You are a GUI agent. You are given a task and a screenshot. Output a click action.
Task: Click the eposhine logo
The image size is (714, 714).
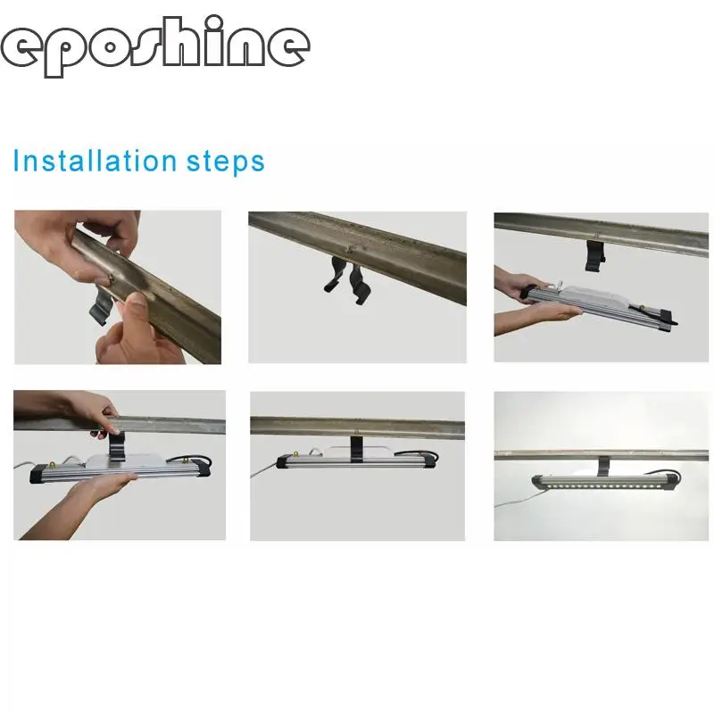[154, 47]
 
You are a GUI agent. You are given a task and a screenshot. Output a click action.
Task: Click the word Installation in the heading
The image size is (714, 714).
[95, 161]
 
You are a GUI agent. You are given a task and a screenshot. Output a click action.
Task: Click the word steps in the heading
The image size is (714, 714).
[226, 162]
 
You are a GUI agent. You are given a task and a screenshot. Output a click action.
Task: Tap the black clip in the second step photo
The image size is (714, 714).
[345, 280]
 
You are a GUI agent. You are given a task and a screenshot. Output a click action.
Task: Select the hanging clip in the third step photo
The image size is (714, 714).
[595, 256]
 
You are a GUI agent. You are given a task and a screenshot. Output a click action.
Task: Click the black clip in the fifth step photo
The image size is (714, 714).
[356, 449]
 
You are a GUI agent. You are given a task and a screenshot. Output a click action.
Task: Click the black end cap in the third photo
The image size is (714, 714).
[668, 318]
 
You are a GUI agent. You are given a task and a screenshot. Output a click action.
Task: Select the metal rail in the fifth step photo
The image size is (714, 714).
[358, 428]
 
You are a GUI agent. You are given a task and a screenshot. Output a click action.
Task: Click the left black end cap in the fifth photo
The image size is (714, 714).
[282, 461]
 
